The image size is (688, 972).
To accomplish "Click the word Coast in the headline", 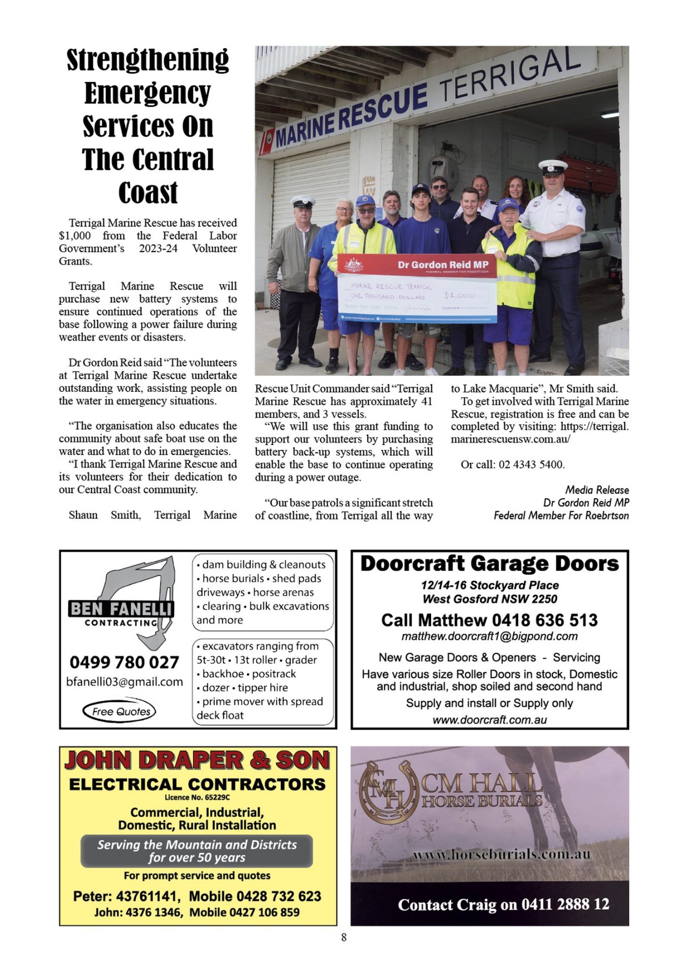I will [148, 193].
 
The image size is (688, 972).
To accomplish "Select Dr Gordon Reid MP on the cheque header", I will [442, 264].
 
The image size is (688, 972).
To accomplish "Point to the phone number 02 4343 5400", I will [531, 464].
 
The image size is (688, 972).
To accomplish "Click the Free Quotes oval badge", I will [120, 711].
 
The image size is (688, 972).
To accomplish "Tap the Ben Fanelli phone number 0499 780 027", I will [124, 662].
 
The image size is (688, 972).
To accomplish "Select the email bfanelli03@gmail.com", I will [124, 681].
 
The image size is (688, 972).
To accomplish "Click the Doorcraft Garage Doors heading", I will [489, 563].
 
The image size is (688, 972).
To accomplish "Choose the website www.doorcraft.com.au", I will [489, 719].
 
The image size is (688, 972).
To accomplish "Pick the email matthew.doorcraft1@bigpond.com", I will [489, 636].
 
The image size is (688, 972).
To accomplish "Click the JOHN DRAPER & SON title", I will [197, 760].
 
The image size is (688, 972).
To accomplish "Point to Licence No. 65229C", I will [197, 797].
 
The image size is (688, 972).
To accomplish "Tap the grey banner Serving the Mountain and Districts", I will [197, 850].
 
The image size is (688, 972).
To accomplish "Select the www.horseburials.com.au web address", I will [502, 855].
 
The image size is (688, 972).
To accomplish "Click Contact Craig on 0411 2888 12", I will [504, 904].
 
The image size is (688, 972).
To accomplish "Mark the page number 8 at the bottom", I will [344, 937].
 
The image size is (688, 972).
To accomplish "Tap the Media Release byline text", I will [597, 490].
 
